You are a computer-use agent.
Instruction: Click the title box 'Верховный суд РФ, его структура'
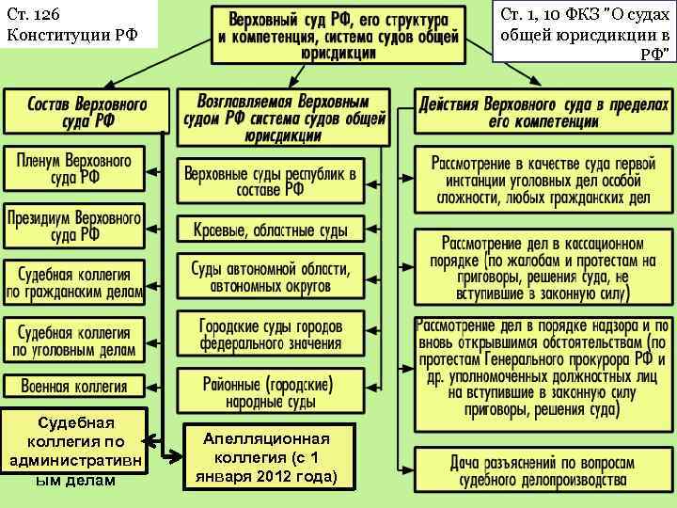[x=338, y=35]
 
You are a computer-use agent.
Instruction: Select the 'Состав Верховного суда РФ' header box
[x=87, y=111]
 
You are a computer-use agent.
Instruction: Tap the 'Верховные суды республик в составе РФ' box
[x=271, y=181]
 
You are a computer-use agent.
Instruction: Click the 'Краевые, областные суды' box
[x=271, y=229]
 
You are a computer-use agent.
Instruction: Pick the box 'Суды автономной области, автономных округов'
[x=271, y=277]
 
